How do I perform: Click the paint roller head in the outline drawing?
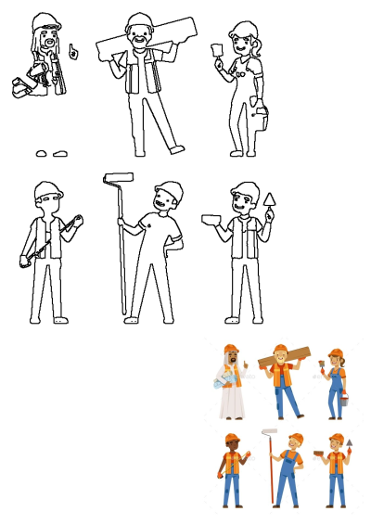click(x=118, y=174)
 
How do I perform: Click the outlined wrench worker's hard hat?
click(x=47, y=189)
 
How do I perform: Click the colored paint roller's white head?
click(x=270, y=431)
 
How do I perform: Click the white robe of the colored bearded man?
click(x=230, y=399)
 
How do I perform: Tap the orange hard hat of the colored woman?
click(x=336, y=351)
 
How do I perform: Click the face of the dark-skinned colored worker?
click(x=231, y=445)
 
